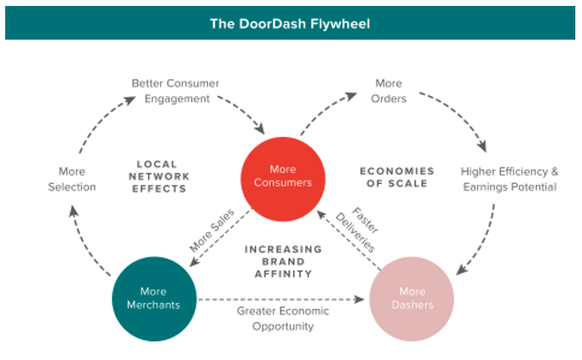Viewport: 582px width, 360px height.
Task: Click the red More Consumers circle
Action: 282,176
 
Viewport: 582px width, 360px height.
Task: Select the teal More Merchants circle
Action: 152,299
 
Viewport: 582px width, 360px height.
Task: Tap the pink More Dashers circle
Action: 412,299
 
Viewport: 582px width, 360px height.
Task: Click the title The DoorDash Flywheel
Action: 290,24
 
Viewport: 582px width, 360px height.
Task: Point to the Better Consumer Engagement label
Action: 175,91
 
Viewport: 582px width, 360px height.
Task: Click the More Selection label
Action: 72,179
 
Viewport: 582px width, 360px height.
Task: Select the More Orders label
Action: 389,91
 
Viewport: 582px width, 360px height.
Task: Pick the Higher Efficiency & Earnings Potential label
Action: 509,179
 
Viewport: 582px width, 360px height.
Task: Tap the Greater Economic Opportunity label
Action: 282,318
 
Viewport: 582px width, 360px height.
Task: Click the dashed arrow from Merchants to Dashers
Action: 282,300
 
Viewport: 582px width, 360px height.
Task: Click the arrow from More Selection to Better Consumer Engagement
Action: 92,123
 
